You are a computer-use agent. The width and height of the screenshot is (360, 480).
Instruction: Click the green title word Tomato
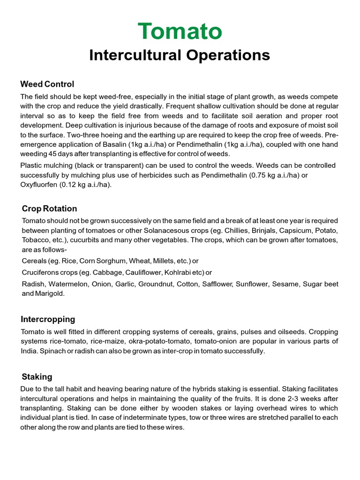coord(180,31)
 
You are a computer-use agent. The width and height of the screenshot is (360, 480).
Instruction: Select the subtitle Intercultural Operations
coord(180,55)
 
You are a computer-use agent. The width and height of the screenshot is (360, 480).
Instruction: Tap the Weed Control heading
coord(47,84)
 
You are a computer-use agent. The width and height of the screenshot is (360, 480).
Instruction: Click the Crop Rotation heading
coord(50,209)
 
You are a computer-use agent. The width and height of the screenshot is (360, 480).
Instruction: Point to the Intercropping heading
coord(48,319)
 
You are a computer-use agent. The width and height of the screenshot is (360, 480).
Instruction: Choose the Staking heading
coord(37,377)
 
